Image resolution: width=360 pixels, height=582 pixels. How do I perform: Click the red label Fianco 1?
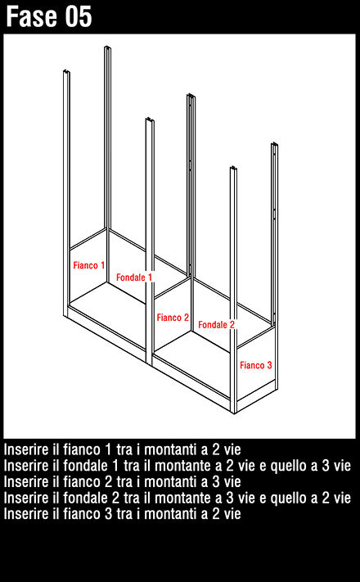pyautogui.click(x=88, y=265)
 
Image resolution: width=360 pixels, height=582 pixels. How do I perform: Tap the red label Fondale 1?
pyautogui.click(x=134, y=277)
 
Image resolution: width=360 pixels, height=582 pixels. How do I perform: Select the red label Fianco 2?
pyautogui.click(x=173, y=318)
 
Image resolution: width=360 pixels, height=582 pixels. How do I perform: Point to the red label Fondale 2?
pyautogui.click(x=216, y=325)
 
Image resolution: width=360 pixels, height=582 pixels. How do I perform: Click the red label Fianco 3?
pyautogui.click(x=256, y=365)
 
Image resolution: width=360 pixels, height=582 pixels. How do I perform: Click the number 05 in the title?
pyautogui.click(x=79, y=16)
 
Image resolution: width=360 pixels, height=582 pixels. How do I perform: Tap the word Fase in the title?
pyautogui.click(x=33, y=16)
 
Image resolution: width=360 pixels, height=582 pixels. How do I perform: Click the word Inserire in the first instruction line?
pyautogui.click(x=25, y=449)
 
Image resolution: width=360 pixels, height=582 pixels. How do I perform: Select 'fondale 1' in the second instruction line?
pyautogui.click(x=90, y=466)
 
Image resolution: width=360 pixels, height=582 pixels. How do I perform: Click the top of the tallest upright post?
pyautogui.click(x=107, y=47)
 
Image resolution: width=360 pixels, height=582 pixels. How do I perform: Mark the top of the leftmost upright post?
pyautogui.click(x=67, y=71)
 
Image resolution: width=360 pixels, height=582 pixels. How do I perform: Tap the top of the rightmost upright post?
pyautogui.click(x=275, y=144)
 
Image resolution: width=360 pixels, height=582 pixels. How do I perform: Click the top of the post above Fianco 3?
pyautogui.click(x=233, y=168)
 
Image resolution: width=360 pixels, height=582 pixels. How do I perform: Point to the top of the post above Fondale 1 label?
pyautogui.click(x=150, y=120)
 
